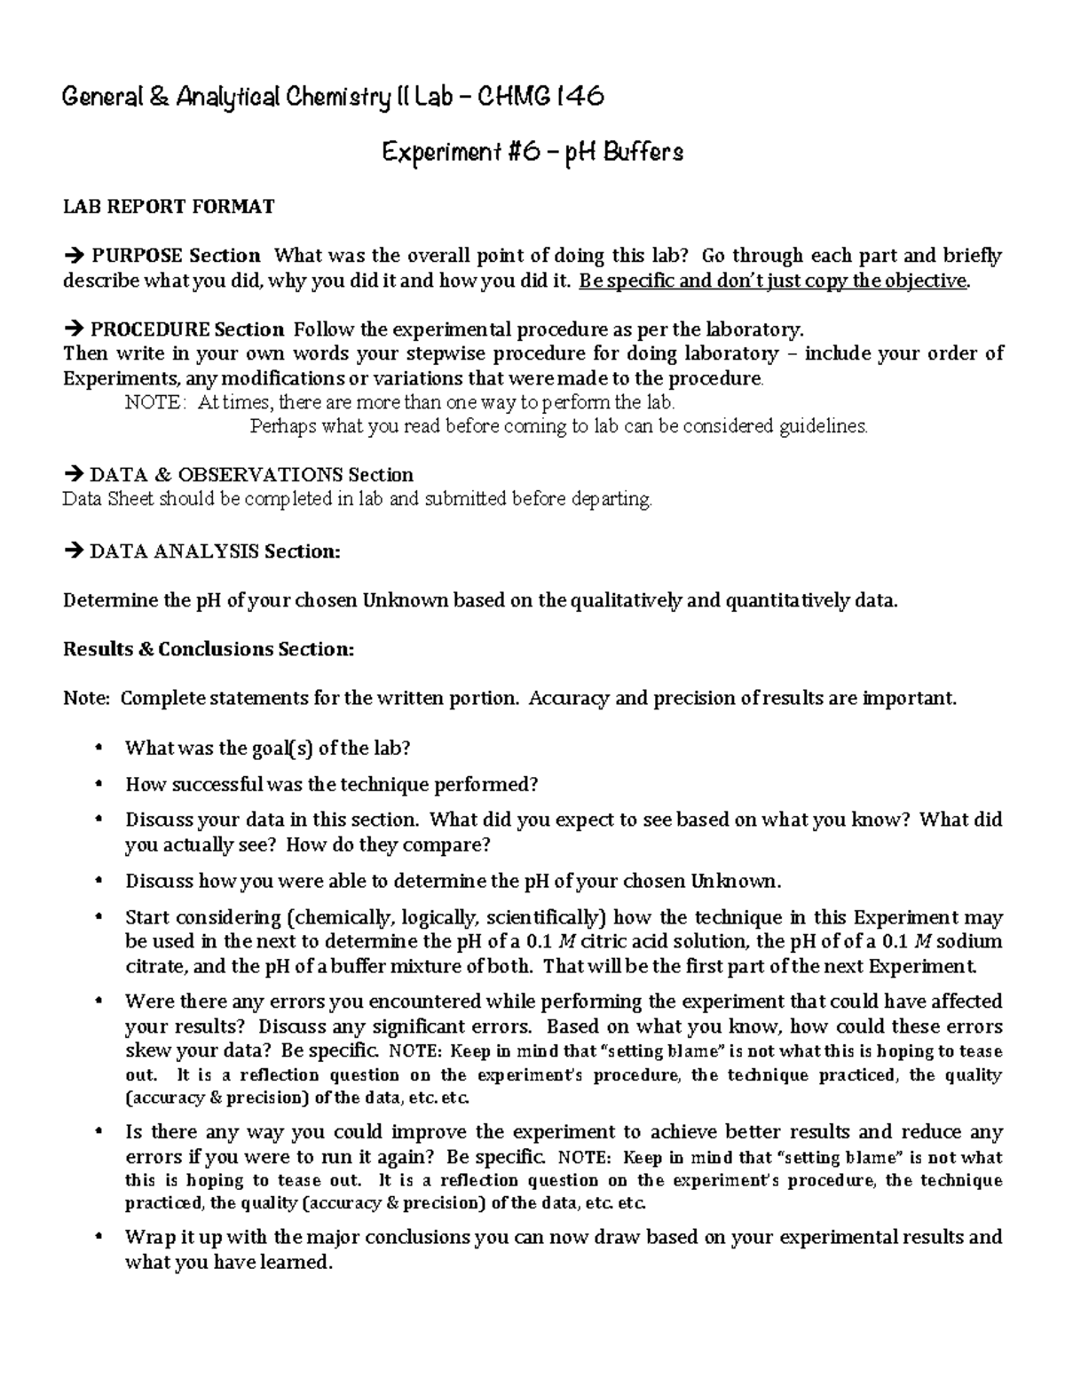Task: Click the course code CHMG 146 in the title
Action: point(540,96)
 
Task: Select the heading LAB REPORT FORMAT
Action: point(169,207)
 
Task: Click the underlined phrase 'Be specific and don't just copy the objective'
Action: point(772,281)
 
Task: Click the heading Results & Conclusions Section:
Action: point(209,649)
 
